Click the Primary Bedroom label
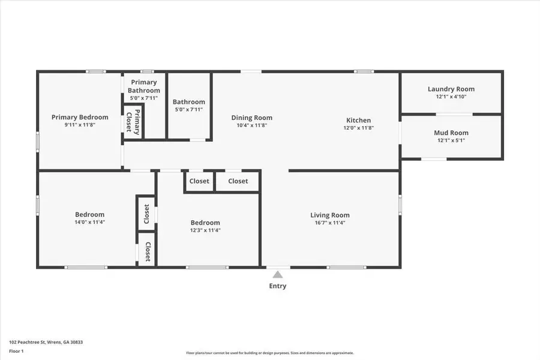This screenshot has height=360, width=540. (x=80, y=117)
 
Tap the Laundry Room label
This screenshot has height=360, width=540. (x=451, y=89)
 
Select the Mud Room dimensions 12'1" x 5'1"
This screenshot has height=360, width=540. (x=451, y=140)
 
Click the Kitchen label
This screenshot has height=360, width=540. (x=358, y=120)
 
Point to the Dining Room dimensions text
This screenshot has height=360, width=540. (x=252, y=125)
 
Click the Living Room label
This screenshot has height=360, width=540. (x=329, y=215)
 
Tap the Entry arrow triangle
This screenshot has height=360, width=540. (x=278, y=274)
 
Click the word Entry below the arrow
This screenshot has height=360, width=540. (x=278, y=286)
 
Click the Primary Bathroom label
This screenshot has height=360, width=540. (x=144, y=86)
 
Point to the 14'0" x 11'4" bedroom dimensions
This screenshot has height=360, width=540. (x=89, y=222)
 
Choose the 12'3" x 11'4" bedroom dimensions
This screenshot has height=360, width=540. (x=205, y=230)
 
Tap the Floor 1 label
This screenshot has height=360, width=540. (x=16, y=350)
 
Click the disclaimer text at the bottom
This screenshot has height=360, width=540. (x=269, y=353)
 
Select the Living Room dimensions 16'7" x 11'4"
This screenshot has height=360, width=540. (x=329, y=223)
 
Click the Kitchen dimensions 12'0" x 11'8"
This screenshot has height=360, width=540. (x=358, y=128)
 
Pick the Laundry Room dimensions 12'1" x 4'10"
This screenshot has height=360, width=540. (x=451, y=97)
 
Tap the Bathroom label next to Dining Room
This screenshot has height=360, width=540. (x=189, y=102)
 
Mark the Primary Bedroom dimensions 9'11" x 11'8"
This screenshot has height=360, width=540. (x=80, y=125)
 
